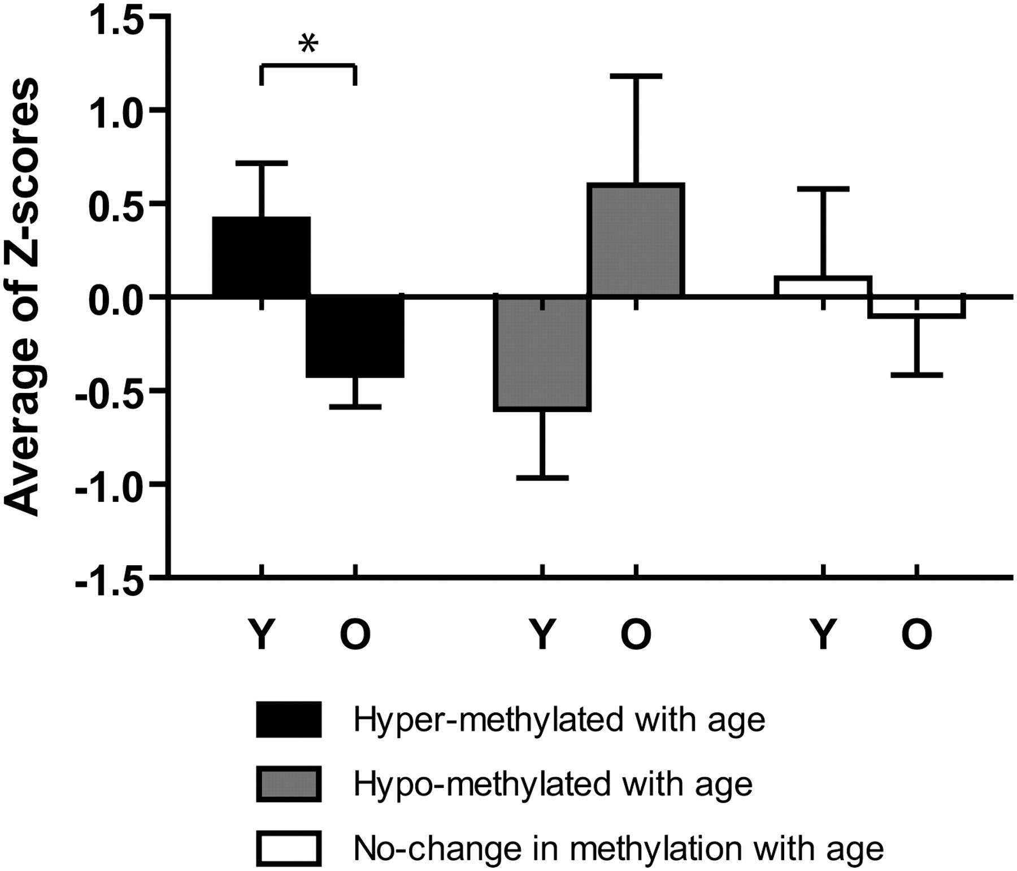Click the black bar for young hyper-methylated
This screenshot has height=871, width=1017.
[x=261, y=257]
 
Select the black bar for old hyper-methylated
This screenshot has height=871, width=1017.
[x=355, y=336]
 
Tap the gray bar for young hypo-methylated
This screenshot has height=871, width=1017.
[x=542, y=353]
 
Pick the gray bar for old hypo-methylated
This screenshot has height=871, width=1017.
[x=636, y=240]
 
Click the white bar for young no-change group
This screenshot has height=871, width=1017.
[x=824, y=287]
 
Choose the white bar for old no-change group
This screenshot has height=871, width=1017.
[x=916, y=306]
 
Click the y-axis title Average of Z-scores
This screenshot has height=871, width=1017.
[x=23, y=297]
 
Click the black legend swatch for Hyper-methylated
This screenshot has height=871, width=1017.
[x=289, y=720]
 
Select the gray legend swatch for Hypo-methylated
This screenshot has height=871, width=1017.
[x=289, y=784]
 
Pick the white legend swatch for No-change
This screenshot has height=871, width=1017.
[x=289, y=848]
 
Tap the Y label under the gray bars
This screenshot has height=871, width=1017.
[x=542, y=634]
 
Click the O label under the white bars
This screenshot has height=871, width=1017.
[x=916, y=634]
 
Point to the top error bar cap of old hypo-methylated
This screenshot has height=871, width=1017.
[x=636, y=76]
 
